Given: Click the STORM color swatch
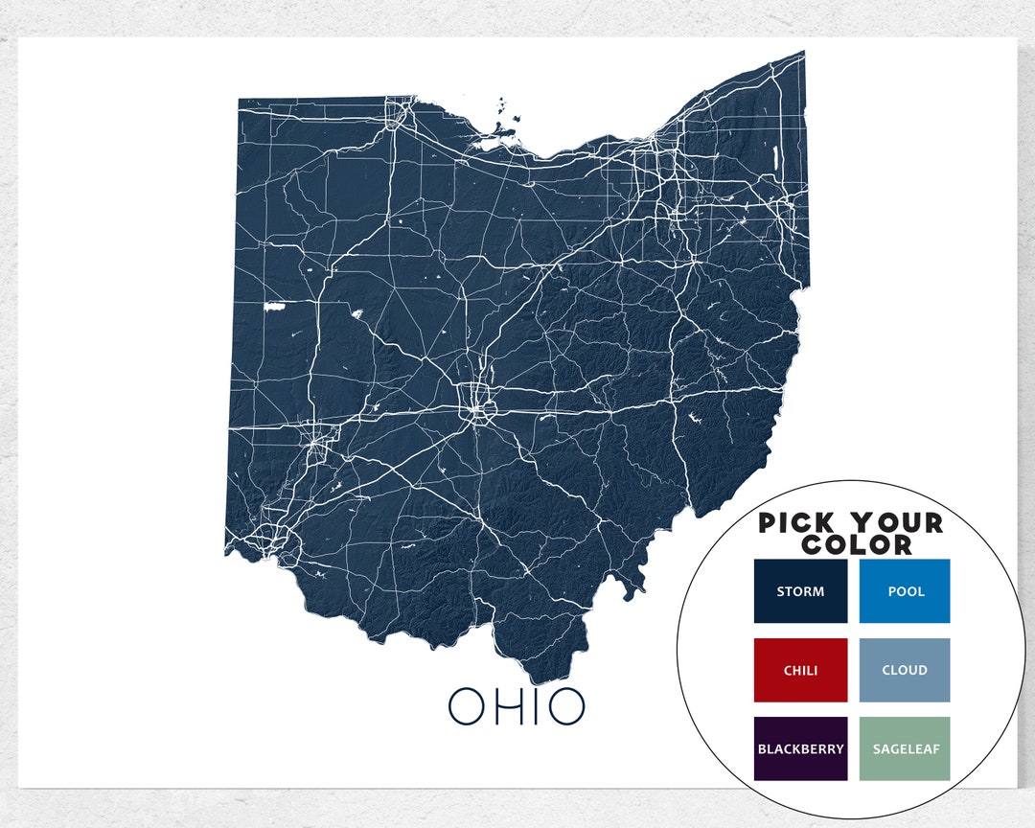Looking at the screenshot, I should click(800, 591).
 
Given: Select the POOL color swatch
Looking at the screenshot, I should click(905, 591).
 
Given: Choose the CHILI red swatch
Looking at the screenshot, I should click(800, 670).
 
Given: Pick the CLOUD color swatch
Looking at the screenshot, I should click(905, 670).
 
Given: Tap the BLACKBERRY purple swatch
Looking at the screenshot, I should click(800, 748).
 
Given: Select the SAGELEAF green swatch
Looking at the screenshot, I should click(905, 748).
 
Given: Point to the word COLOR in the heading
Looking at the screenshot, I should click(857, 545).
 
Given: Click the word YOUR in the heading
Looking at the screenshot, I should click(897, 523).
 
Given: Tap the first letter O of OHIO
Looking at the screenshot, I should click(468, 706).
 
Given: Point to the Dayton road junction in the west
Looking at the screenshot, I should click(317, 443).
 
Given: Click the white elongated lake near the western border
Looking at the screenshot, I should click(274, 308).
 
